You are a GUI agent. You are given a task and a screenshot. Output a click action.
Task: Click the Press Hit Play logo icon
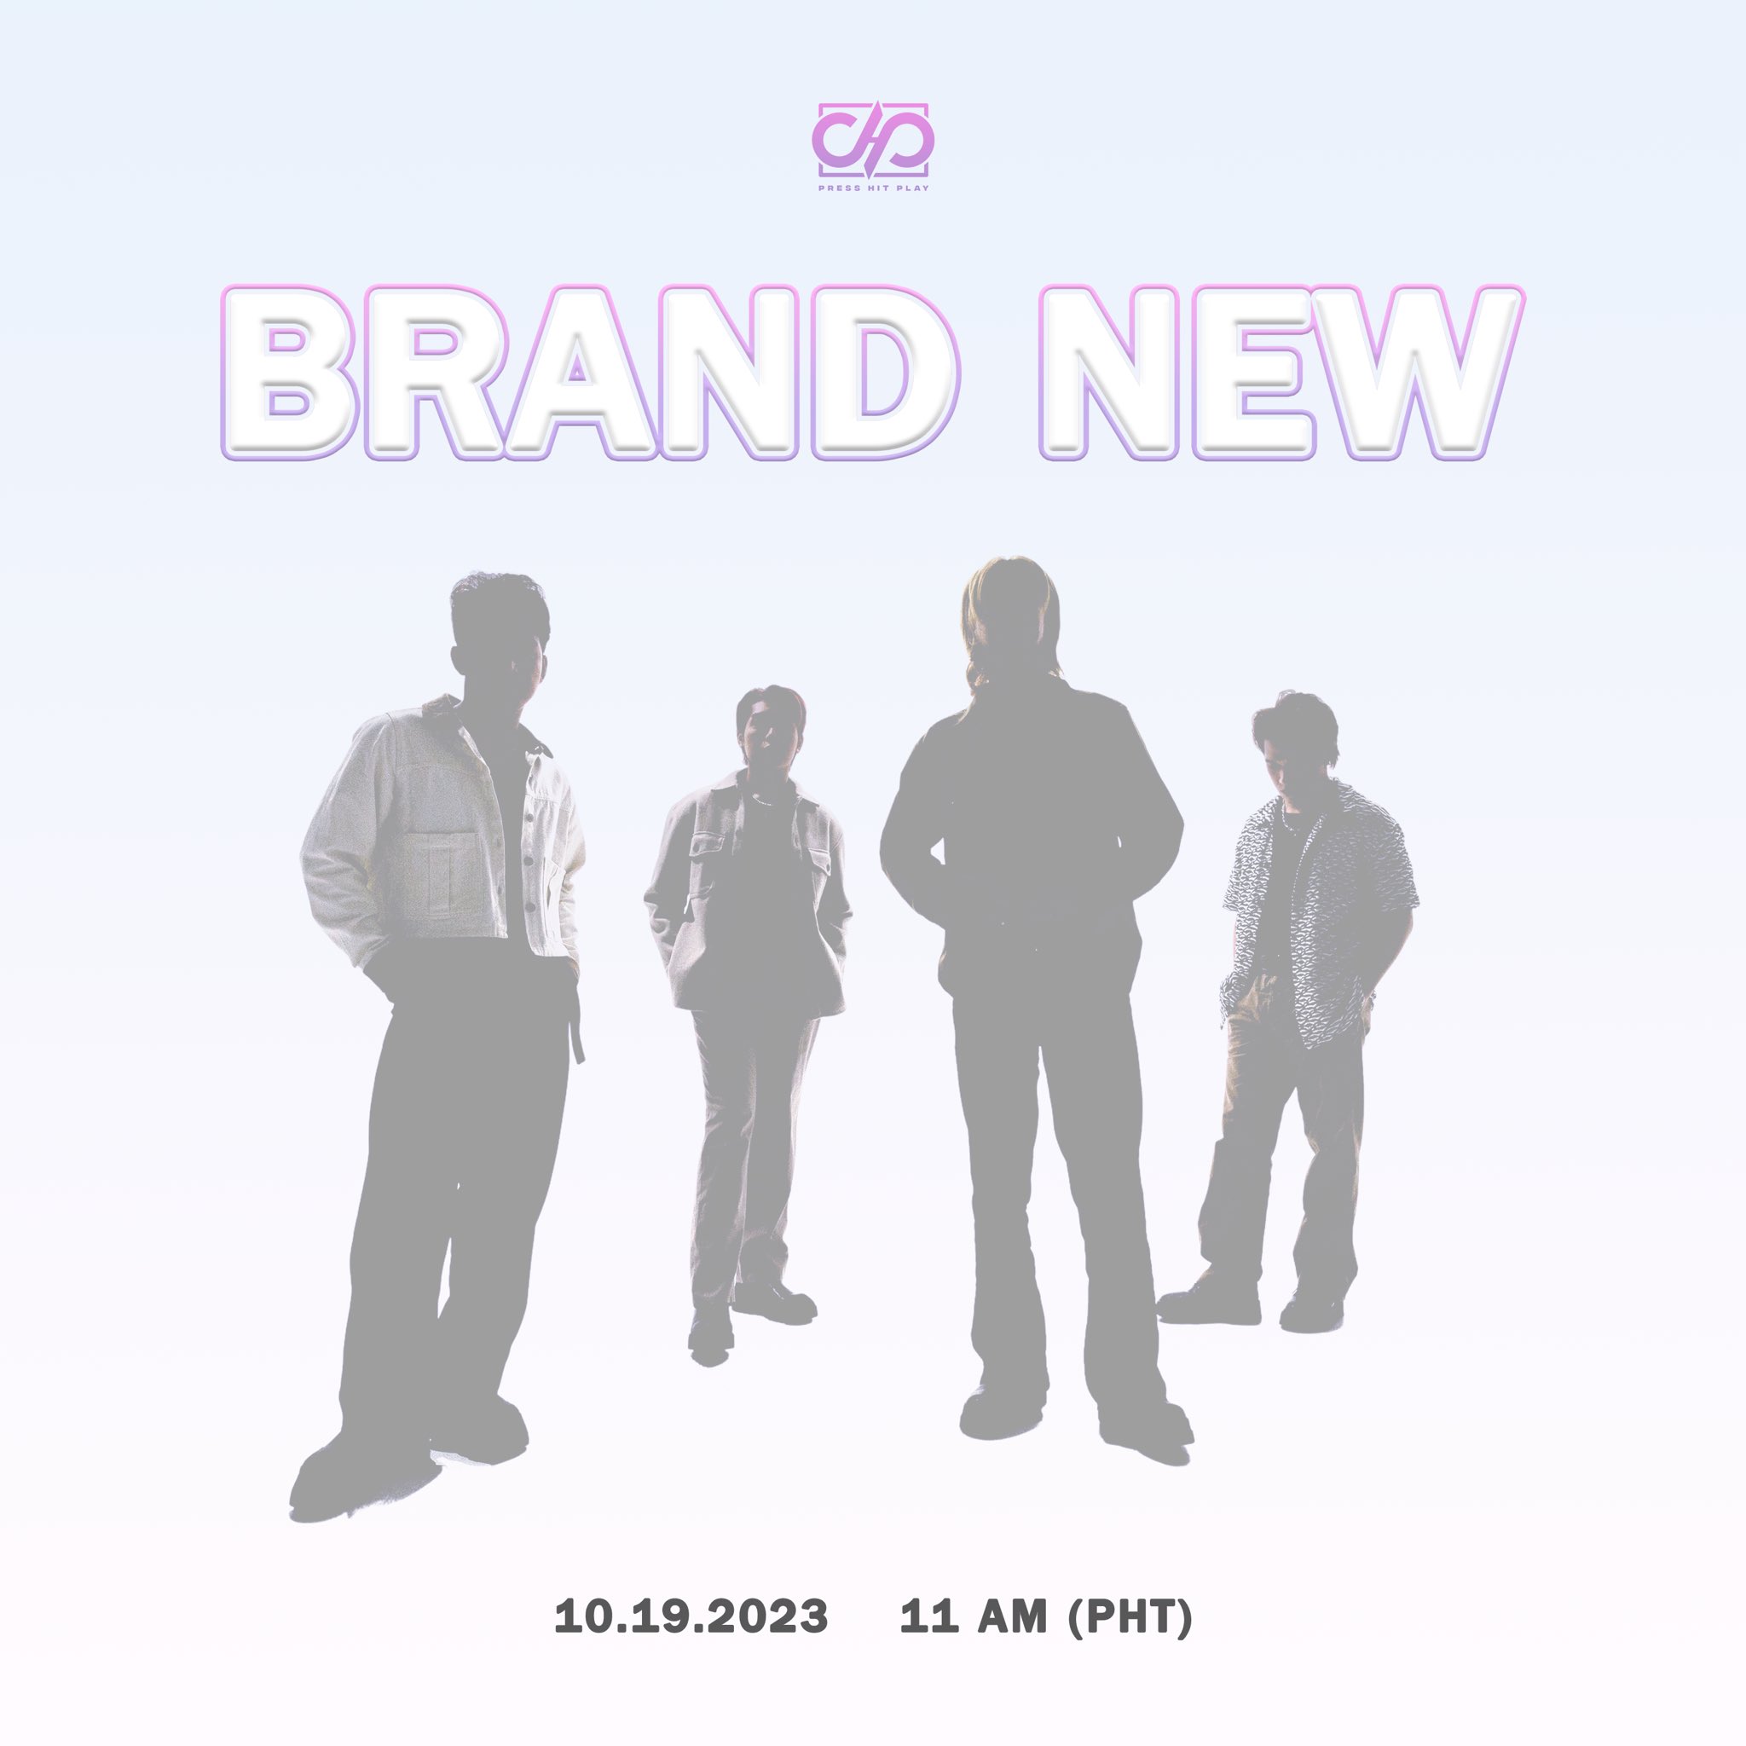point(873,140)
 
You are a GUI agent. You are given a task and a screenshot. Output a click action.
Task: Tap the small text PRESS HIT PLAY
point(873,188)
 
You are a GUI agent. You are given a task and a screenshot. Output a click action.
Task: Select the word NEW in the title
point(1281,373)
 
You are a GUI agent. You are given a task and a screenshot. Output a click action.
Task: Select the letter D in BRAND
point(882,373)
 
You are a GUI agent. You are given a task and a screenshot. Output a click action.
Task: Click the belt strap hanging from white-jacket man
point(575,1012)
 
